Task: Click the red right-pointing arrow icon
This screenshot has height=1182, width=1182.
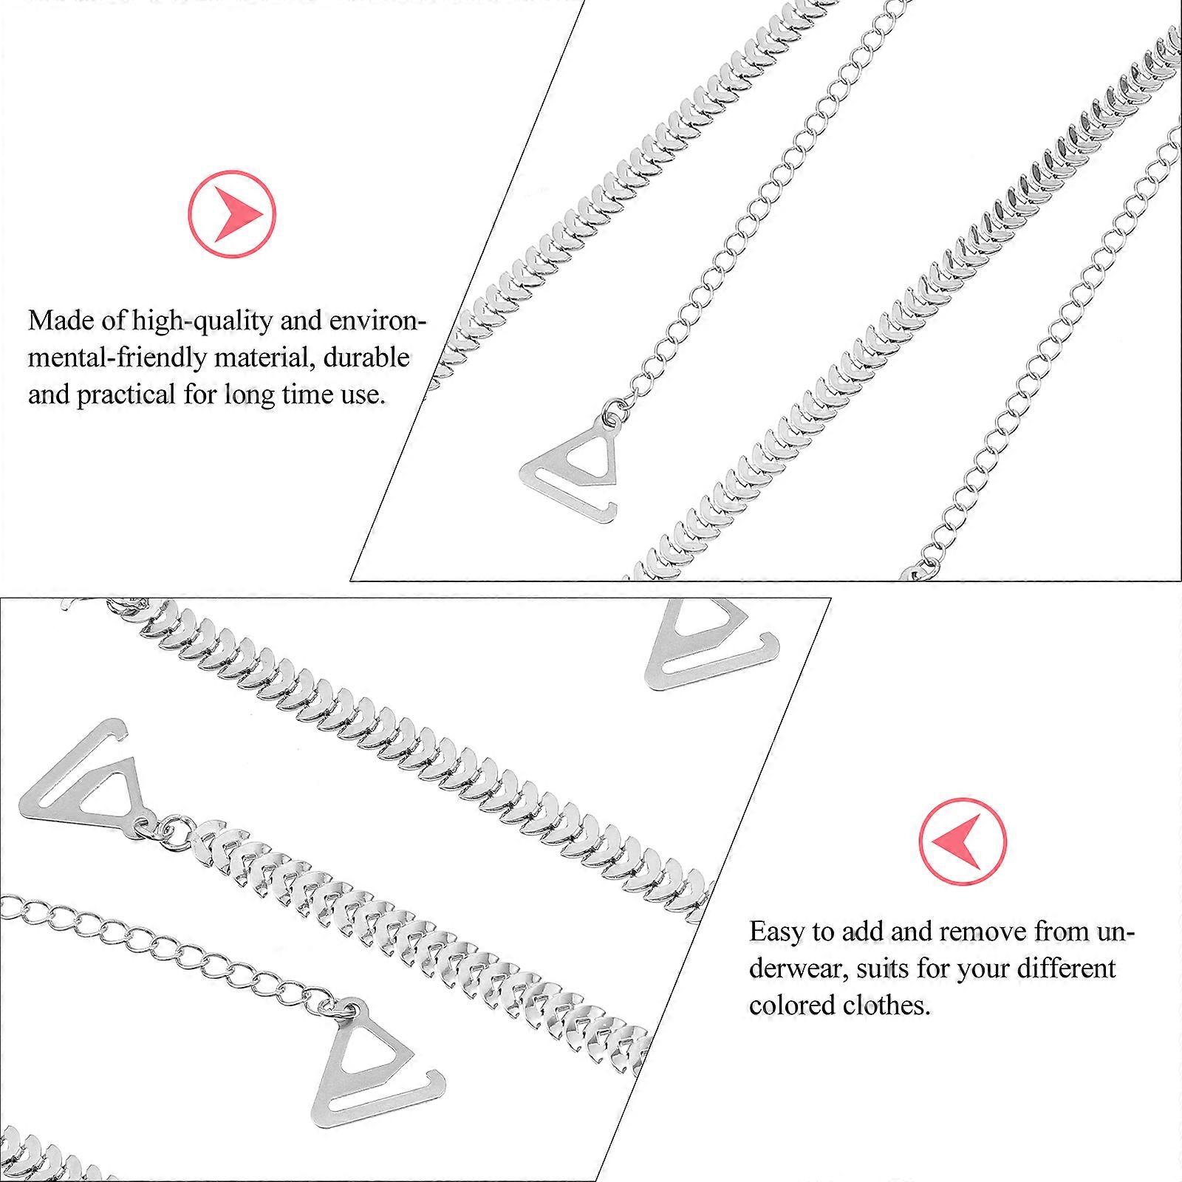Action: [x=232, y=214]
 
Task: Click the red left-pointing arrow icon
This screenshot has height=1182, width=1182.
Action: [x=963, y=841]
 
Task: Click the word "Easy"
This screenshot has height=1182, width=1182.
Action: [x=777, y=932]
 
